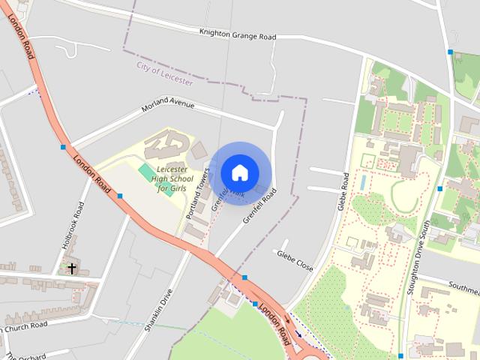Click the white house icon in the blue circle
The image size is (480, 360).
(239, 172)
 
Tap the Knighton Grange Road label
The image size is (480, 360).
(238, 35)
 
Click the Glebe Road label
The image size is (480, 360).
(343, 191)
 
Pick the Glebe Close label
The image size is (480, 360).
(295, 260)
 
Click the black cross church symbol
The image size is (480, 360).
(72, 268)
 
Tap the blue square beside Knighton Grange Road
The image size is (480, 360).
(450, 52)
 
